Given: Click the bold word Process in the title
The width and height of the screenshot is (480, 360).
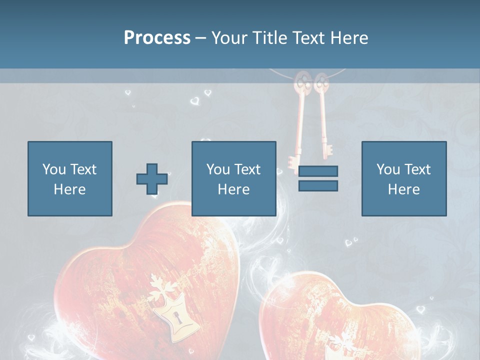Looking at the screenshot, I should click(157, 38).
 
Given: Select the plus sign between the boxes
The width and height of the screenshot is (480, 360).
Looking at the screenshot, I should click(152, 179).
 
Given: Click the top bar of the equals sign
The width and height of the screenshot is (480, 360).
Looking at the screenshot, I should click(318, 171).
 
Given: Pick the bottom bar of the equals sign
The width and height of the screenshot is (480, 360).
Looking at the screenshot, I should click(318, 185).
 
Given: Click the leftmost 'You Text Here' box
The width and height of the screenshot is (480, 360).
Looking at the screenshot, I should click(69, 178).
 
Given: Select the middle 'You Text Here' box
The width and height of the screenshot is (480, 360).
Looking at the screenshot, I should click(233, 178).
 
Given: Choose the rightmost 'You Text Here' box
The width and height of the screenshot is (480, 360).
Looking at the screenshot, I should click(403, 178).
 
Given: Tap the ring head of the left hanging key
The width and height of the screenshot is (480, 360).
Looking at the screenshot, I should click(301, 82).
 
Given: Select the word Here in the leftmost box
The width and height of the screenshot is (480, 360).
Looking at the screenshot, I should click(69, 189).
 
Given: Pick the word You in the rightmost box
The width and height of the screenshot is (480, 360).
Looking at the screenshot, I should click(388, 169).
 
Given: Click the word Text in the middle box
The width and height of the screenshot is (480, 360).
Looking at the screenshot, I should click(247, 169).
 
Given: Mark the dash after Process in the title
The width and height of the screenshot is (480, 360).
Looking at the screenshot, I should click(201, 38).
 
